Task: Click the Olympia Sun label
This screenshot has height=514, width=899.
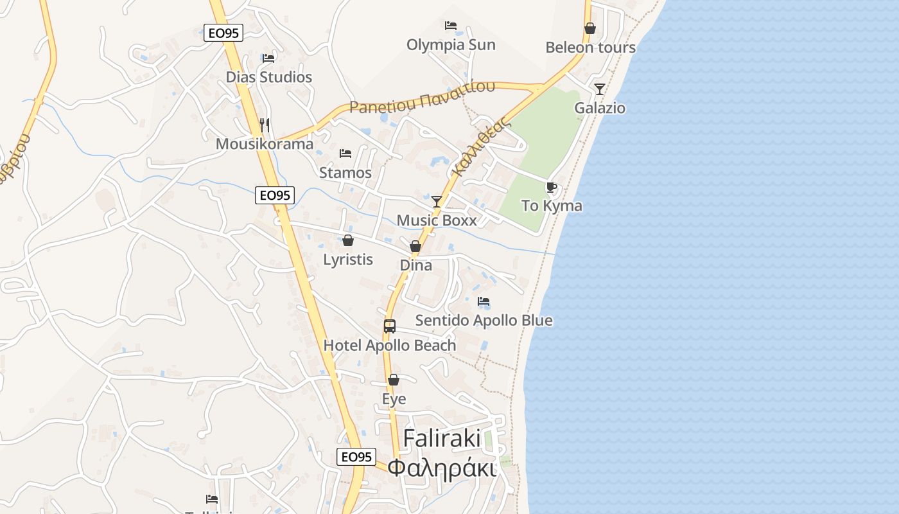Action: pyautogui.click(x=451, y=44)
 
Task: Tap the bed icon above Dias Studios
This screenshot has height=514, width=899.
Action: pyautogui.click(x=268, y=58)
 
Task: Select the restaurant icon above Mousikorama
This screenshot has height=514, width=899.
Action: pyautogui.click(x=265, y=124)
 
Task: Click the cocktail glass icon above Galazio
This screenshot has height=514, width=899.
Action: pyautogui.click(x=600, y=89)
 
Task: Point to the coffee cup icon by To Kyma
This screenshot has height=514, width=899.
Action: pyautogui.click(x=551, y=187)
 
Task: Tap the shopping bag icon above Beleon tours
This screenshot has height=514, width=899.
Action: pyautogui.click(x=589, y=28)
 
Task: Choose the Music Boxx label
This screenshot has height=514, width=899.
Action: pyautogui.click(x=437, y=220)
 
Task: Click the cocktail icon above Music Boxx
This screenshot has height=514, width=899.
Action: pyautogui.click(x=437, y=202)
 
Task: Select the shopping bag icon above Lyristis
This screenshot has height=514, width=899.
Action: pyautogui.click(x=348, y=240)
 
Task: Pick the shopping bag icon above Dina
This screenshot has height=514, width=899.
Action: pyautogui.click(x=415, y=246)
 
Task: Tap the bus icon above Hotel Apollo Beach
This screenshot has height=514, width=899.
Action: pyautogui.click(x=390, y=326)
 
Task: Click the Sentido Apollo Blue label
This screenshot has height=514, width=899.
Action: pyautogui.click(x=484, y=320)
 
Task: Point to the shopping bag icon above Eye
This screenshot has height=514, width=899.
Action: pyautogui.click(x=394, y=380)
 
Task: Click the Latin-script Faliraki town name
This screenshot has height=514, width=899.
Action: pyautogui.click(x=442, y=439)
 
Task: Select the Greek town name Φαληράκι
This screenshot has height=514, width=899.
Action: pyautogui.click(x=442, y=468)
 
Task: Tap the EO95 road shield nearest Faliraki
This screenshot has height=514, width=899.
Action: pyautogui.click(x=356, y=457)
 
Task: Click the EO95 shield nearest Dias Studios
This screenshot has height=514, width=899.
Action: pyautogui.click(x=223, y=33)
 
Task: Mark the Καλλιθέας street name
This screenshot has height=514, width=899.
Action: pyautogui.click(x=481, y=146)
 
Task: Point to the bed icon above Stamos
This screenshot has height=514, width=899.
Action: pyautogui.click(x=345, y=154)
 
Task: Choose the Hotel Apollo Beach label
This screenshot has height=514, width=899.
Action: pyautogui.click(x=390, y=345)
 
